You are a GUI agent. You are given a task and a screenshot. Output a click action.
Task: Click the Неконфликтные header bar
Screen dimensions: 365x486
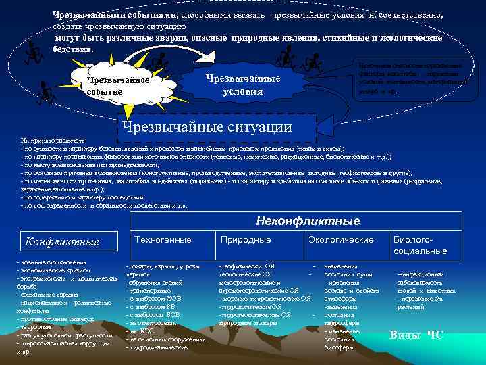[308, 221]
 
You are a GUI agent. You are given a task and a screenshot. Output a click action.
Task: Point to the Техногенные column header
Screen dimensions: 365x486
[163, 240]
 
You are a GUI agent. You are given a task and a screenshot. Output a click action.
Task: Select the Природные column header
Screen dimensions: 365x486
[246, 240]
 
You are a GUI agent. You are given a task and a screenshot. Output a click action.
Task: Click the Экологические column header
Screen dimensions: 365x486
[340, 240]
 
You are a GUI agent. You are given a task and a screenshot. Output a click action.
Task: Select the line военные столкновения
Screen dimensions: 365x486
[47, 261]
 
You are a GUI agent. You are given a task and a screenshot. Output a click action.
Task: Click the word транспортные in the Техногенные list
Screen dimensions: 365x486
[151, 290]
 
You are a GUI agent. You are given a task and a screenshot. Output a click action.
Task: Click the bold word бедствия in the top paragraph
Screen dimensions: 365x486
[75, 49]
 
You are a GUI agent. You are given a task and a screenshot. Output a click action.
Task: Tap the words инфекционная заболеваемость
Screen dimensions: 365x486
[429, 279]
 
